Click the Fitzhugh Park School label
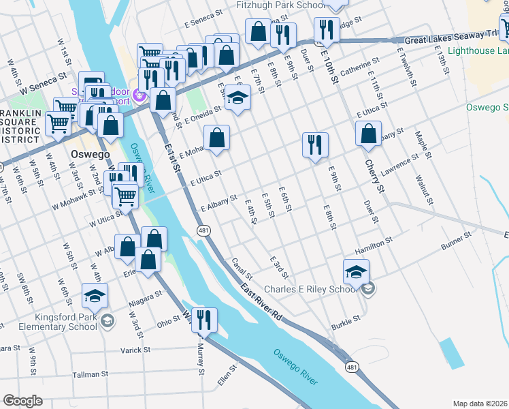(280, 5)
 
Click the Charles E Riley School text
(310, 289)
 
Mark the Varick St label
(135, 350)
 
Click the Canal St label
(242, 268)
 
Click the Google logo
(22, 401)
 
